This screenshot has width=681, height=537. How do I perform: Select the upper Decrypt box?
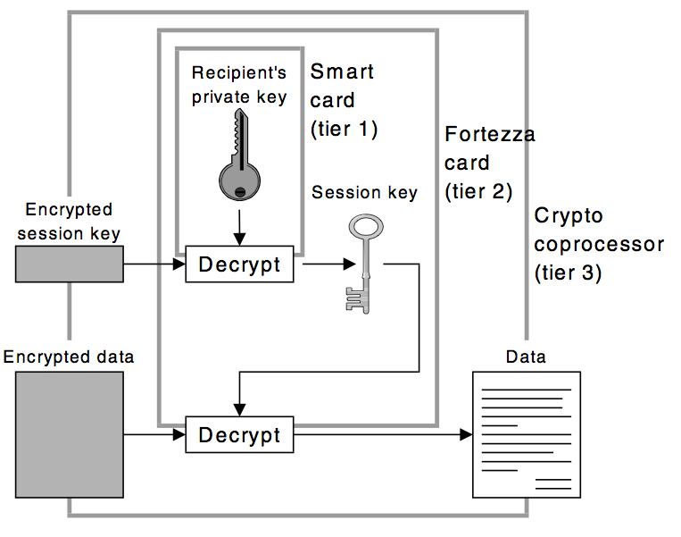tap(239, 265)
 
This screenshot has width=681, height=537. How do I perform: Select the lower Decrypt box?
tap(239, 435)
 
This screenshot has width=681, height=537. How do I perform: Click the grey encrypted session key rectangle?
tap(69, 265)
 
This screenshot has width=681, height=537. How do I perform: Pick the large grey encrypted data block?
tap(69, 434)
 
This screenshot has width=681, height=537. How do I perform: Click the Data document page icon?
tap(527, 434)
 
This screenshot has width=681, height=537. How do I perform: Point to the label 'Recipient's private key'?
tap(239, 85)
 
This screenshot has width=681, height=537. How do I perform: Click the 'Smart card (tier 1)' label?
tap(344, 99)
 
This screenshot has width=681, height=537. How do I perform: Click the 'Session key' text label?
tap(363, 193)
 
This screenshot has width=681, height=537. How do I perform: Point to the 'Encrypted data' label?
tap(69, 357)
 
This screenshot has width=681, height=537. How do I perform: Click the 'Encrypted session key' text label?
tap(69, 221)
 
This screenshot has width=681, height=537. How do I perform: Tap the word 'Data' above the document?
tap(526, 357)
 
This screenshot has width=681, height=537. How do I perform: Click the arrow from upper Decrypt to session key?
tap(325, 265)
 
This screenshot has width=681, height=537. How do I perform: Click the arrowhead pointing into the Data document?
tap(465, 435)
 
